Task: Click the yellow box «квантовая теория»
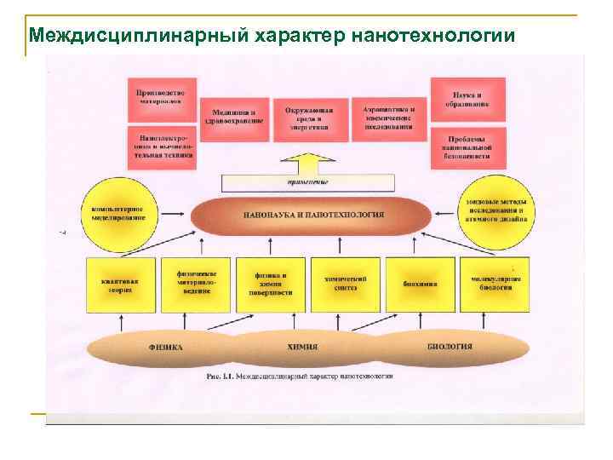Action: click(x=121, y=284)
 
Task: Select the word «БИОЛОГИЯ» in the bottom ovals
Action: click(x=450, y=348)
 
